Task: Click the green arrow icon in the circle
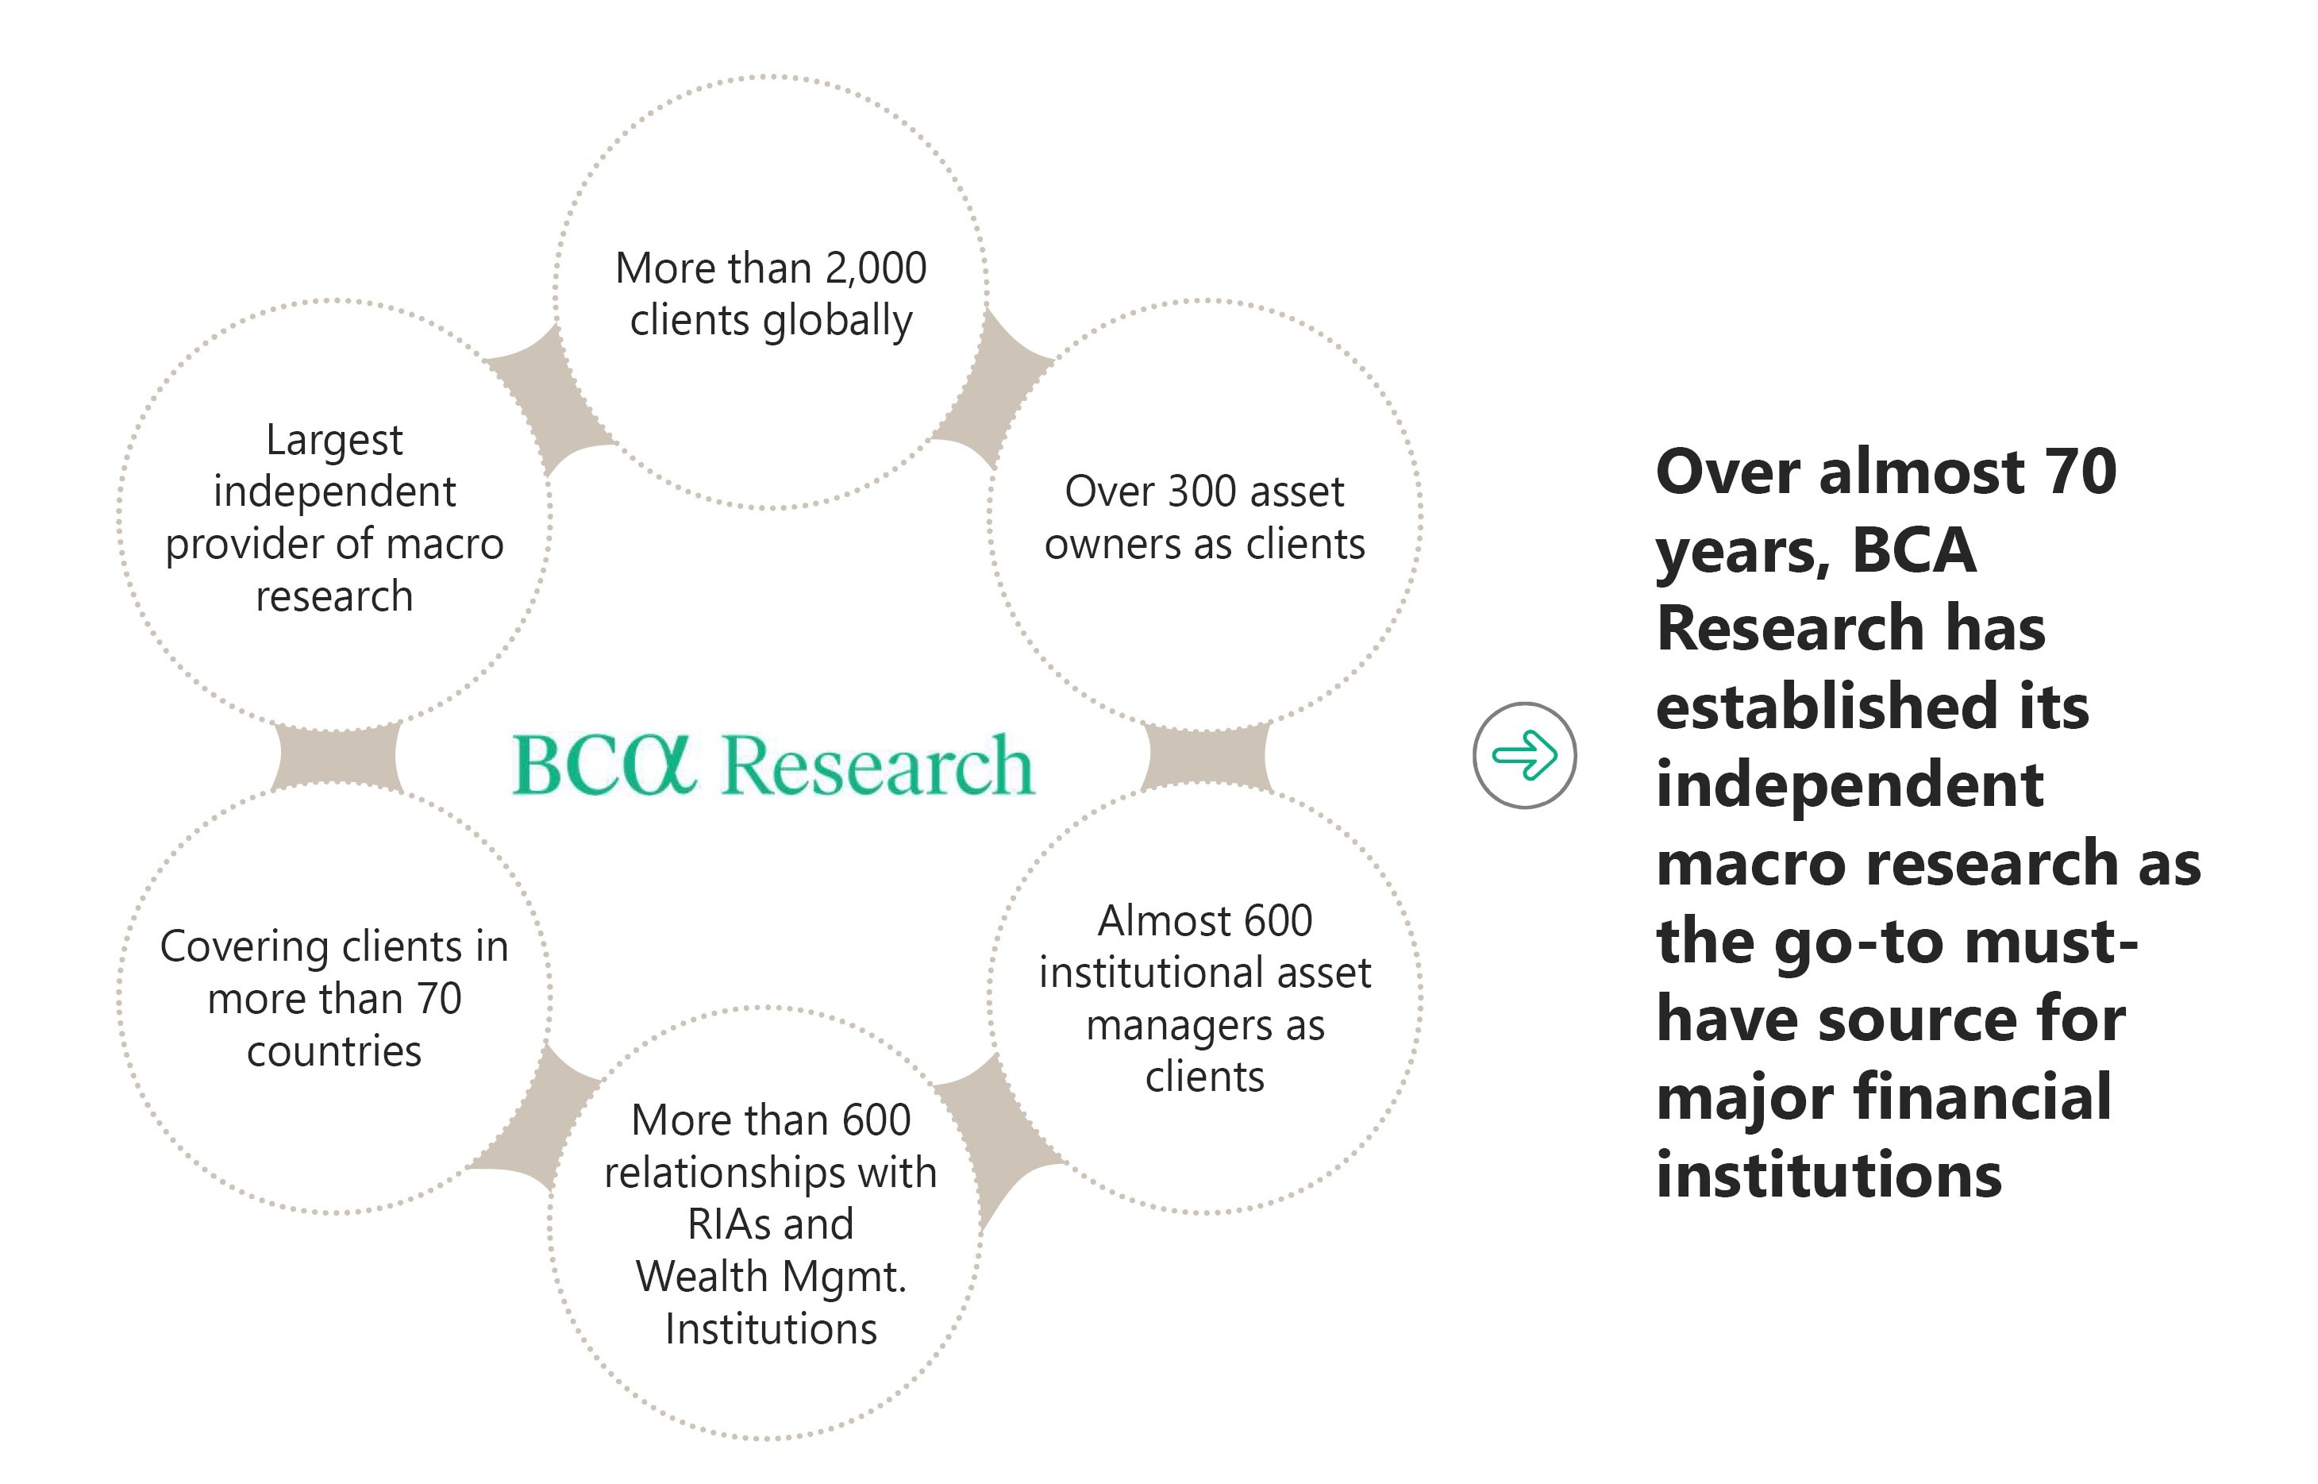tap(1524, 754)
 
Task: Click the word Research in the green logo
tap(878, 765)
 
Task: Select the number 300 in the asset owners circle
tap(1203, 492)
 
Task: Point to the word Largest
tap(333, 441)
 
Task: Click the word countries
tap(333, 1051)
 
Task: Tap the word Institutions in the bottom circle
tap(771, 1329)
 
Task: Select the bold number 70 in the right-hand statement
tap(2081, 472)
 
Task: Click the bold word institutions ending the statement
tap(1828, 1176)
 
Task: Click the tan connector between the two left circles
tap(335, 757)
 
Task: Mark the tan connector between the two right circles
tap(1206, 757)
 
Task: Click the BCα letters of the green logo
tap(603, 765)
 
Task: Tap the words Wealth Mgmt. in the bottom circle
tap(771, 1277)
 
